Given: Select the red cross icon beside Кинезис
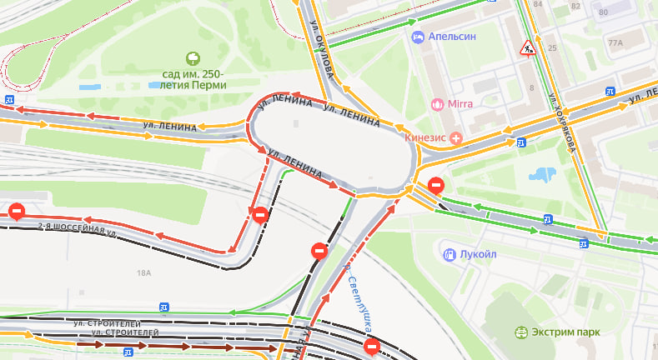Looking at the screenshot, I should (455, 137).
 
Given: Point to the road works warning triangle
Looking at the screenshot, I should (528, 48).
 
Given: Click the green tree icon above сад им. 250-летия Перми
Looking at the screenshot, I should (193, 57).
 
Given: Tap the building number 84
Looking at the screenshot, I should (538, 5).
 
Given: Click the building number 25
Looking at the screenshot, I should (552, 48).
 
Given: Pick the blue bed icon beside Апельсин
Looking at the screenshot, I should (418, 37).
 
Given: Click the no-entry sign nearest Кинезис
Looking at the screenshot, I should (434, 185).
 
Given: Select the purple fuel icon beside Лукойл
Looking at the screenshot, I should (449, 253).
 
